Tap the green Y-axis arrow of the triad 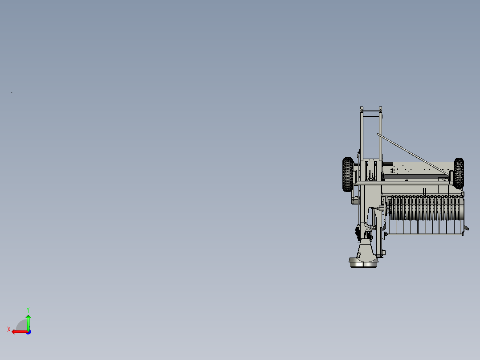pyautogui.click(x=28, y=322)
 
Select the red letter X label pyautogui.click(x=9, y=329)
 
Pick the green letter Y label pyautogui.click(x=28, y=310)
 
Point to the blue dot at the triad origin pyautogui.click(x=28, y=332)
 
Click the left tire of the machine pyautogui.click(x=348, y=175)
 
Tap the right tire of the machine pyautogui.click(x=459, y=173)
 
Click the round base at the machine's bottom pyautogui.click(x=363, y=262)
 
